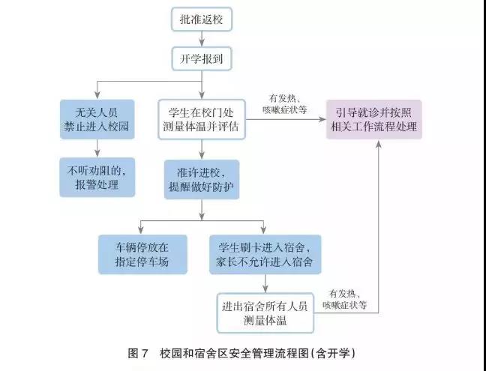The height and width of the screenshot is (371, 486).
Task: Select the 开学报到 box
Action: [202, 58]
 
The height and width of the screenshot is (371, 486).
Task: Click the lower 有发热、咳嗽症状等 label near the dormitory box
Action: [344, 299]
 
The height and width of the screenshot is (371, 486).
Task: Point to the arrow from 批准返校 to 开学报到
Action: [202, 39]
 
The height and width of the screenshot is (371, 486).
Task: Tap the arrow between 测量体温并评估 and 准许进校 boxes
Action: [202, 148]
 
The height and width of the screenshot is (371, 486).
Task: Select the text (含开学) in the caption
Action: [331, 352]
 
